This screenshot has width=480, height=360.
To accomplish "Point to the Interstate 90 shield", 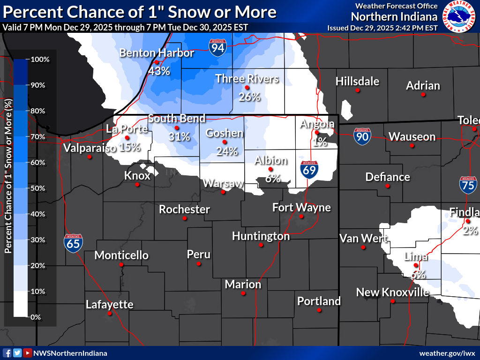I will (x=362, y=136).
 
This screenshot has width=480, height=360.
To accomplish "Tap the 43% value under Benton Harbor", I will (x=158, y=71).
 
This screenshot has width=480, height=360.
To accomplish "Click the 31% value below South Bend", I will (x=179, y=137).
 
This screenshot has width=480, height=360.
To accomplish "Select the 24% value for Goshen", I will (x=227, y=151).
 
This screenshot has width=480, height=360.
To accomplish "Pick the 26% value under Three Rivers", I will (x=249, y=97).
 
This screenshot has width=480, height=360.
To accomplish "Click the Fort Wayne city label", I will (x=301, y=207).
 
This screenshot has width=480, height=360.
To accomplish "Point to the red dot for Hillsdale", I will (x=358, y=90).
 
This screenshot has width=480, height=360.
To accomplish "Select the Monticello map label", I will (x=121, y=255).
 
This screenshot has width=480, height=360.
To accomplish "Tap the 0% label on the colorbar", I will (x=36, y=317).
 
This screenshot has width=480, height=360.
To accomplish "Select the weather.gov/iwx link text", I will (x=447, y=353).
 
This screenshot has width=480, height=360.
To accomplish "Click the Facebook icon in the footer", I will (x=7, y=353).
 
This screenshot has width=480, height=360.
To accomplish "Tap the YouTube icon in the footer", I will (x=28, y=353).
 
